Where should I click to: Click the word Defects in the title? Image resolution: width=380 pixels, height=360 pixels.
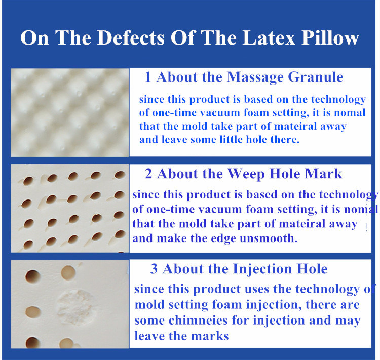[131, 37]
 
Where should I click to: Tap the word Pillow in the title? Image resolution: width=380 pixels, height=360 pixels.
[330, 37]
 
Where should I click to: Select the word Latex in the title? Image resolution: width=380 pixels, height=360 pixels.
[269, 37]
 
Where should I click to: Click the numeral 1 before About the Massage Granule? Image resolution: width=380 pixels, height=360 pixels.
[147, 77]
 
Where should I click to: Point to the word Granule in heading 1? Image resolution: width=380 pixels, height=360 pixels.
[316, 77]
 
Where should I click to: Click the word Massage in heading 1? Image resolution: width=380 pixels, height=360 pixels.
[255, 77]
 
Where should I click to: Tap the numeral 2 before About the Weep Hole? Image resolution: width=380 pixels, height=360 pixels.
[148, 174]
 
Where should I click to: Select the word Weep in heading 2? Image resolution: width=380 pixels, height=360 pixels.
[246, 174]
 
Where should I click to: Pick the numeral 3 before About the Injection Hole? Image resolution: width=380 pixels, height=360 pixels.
[154, 269]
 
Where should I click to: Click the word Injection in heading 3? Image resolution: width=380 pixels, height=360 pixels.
[262, 269]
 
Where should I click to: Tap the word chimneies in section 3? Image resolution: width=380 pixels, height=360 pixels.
[198, 321]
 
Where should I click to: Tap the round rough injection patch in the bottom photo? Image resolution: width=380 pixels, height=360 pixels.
[75, 308]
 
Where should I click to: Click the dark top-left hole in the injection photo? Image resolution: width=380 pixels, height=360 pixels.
[32, 276]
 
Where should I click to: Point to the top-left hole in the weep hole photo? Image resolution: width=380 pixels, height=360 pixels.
[28, 181]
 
